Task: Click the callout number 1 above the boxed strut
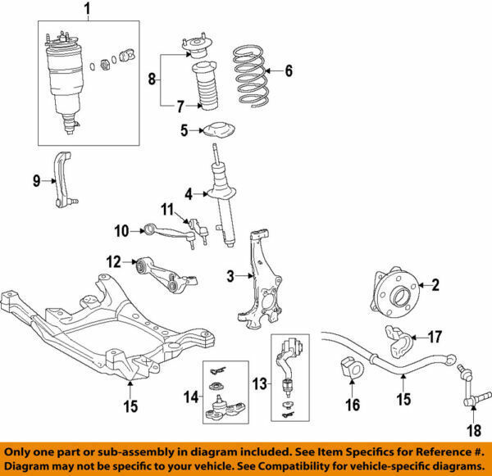pos(88,10)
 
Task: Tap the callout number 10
pos(122,232)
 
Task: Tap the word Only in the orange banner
pos(25,451)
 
